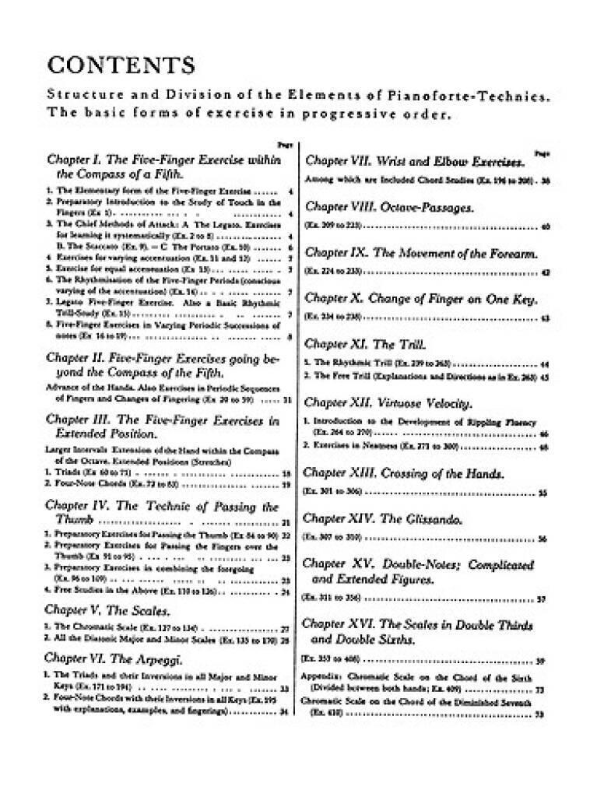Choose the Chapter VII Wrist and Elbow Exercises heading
pyautogui.click(x=413, y=161)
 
